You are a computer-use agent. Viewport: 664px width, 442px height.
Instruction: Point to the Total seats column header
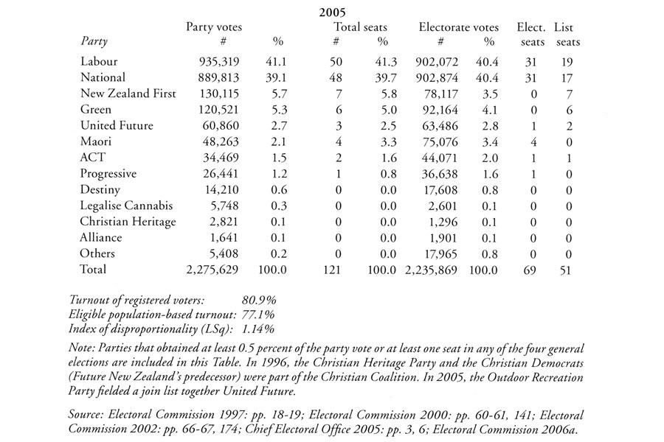(360, 27)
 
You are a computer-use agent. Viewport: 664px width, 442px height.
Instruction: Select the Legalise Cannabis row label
(126, 206)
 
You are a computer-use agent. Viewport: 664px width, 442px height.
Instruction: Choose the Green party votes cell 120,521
(220, 110)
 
